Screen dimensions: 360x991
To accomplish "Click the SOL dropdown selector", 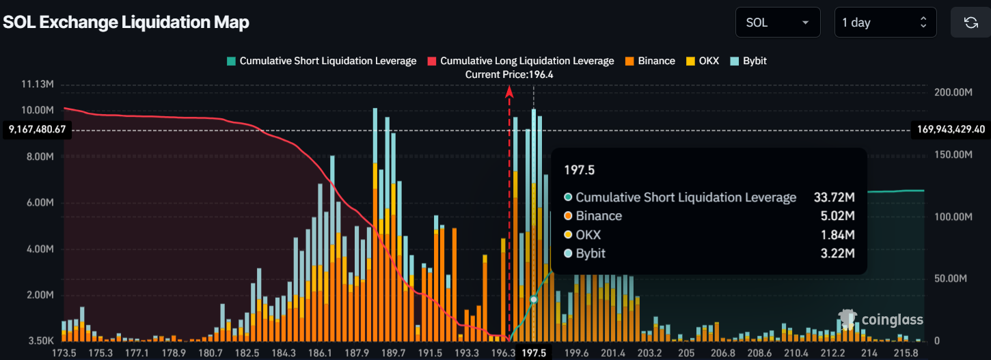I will [778, 23].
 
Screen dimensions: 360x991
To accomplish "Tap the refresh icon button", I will [970, 23].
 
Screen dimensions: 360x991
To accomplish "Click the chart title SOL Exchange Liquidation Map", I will [126, 22].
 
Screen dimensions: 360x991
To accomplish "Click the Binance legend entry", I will [650, 61].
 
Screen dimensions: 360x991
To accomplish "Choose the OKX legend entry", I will [702, 61].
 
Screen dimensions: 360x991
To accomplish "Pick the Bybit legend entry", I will [749, 61].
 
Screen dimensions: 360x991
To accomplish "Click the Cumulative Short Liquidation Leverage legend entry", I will [321, 61].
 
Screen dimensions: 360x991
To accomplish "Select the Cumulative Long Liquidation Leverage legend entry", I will [520, 61].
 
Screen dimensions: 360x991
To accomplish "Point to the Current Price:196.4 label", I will [509, 74].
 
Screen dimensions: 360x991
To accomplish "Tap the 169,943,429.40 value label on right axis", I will [949, 129].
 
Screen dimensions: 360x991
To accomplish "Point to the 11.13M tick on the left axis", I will [38, 84].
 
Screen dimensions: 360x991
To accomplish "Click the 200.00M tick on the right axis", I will [952, 92].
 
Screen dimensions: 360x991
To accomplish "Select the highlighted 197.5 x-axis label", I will [534, 352].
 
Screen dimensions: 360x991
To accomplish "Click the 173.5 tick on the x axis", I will [64, 352].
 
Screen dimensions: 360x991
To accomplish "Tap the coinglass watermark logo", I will [882, 319].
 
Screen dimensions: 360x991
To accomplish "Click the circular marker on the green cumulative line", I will [534, 299].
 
